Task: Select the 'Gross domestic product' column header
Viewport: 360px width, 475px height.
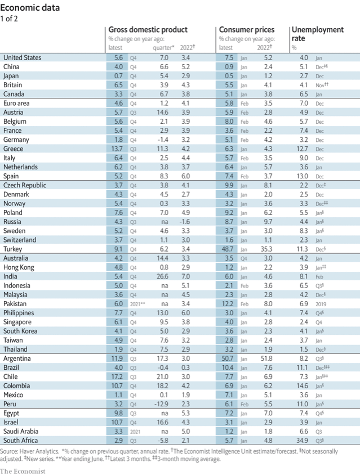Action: point(148,30)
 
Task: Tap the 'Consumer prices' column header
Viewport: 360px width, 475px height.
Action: point(247,30)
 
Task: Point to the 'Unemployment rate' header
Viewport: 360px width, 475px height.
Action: point(318,34)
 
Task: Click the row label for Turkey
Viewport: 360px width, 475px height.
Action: point(14,249)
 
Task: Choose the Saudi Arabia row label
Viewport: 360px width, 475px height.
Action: point(22,431)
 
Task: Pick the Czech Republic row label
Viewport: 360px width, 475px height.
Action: point(24,185)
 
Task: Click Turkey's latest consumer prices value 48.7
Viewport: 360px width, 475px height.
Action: point(227,249)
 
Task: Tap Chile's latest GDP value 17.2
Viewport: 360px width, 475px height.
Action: point(115,377)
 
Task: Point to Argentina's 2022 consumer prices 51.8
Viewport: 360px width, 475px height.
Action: point(265,358)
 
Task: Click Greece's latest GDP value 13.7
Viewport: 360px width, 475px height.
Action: point(115,149)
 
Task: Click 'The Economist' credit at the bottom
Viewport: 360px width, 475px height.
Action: point(23,470)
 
